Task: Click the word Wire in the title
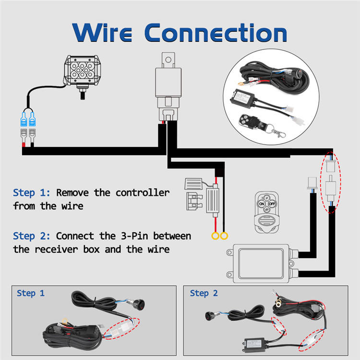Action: click(102, 32)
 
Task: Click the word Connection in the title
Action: click(216, 32)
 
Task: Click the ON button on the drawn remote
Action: click(262, 204)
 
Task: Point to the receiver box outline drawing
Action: click(262, 264)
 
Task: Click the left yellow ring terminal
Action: click(216, 236)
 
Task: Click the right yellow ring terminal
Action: click(224, 236)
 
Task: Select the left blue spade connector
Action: click(24, 119)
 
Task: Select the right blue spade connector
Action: click(32, 119)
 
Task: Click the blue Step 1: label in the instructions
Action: click(32, 192)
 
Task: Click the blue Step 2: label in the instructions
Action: click(32, 236)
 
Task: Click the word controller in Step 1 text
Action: click(143, 192)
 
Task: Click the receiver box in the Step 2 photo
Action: click(254, 345)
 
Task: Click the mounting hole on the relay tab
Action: click(168, 60)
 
